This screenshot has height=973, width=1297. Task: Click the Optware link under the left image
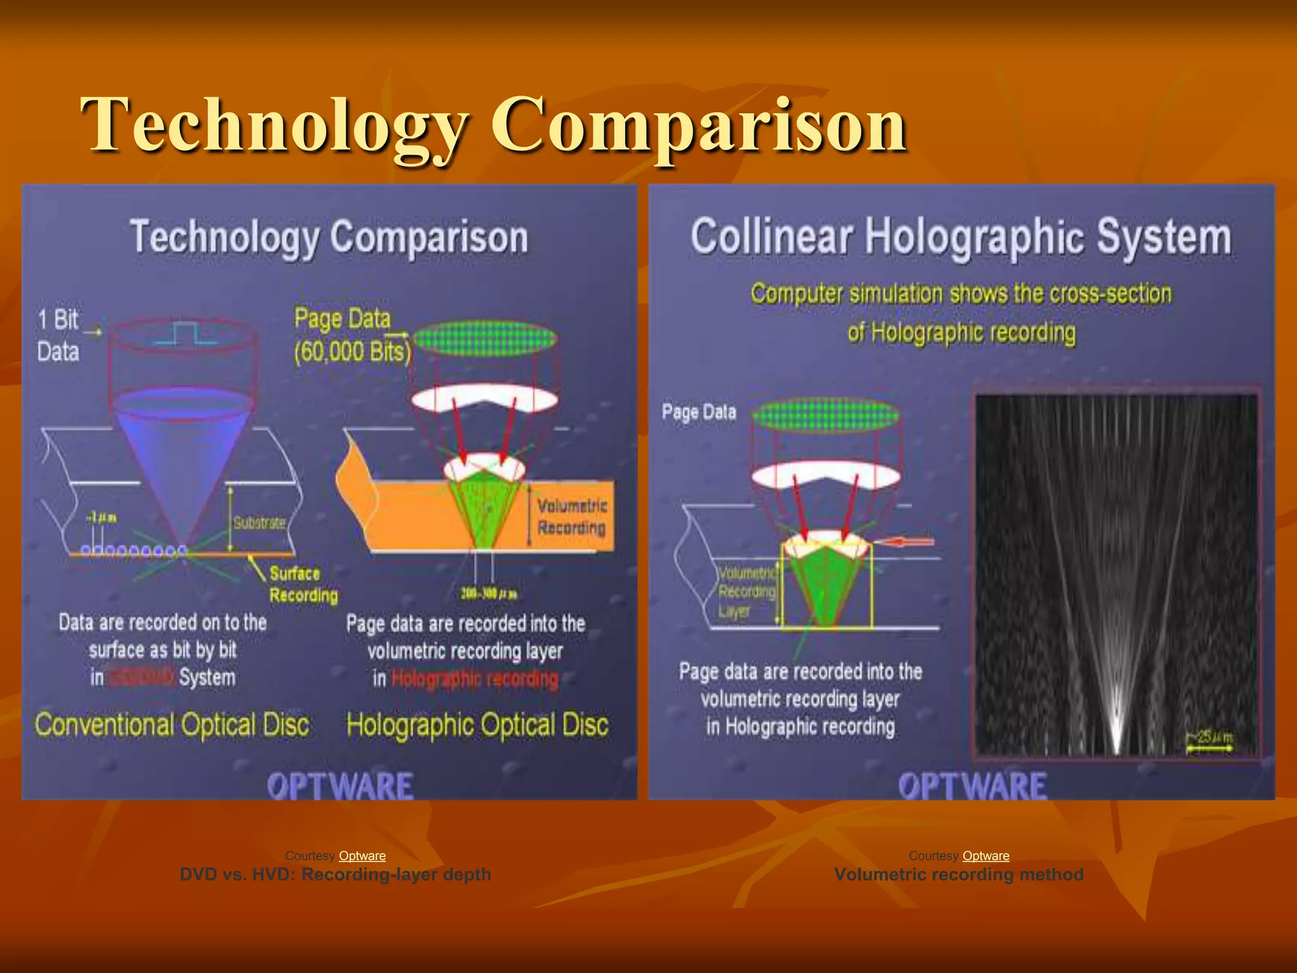(362, 856)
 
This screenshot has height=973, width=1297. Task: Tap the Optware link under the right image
(985, 856)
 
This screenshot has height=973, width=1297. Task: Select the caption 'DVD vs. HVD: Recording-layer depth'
(335, 875)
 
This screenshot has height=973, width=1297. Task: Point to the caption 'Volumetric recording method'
(958, 875)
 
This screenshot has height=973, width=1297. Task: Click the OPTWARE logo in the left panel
(340, 786)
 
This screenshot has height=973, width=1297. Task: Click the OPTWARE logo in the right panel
(972, 786)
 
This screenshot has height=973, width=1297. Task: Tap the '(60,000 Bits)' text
(352, 352)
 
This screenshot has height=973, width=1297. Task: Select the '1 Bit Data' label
(58, 336)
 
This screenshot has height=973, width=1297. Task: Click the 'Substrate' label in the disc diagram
(259, 523)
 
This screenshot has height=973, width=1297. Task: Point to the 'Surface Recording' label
(303, 584)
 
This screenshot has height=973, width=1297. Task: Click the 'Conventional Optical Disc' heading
(172, 725)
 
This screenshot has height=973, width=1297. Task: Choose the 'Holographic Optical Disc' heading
(478, 725)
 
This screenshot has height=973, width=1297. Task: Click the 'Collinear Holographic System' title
(961, 237)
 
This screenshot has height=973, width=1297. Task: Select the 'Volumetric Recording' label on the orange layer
(572, 516)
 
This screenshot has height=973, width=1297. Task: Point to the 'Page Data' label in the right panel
(699, 412)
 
